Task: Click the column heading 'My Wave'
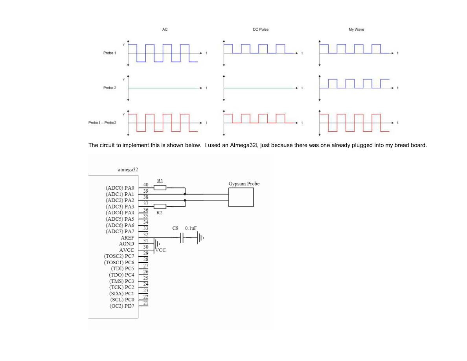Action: click(356, 29)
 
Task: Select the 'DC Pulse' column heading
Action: click(261, 29)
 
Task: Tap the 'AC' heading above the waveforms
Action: click(165, 29)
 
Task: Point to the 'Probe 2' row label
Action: click(110, 88)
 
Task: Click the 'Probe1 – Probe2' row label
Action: click(102, 123)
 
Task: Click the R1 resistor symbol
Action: click(160, 188)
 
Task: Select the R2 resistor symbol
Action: click(160, 206)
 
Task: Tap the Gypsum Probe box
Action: click(241, 197)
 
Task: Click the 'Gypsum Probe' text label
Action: click(244, 184)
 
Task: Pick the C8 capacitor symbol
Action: click(182, 238)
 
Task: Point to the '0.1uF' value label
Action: click(191, 228)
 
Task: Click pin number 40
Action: click(145, 185)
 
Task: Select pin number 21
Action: click(145, 303)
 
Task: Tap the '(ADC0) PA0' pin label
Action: click(120, 188)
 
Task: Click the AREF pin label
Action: click(127, 238)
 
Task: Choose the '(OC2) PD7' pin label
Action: click(122, 306)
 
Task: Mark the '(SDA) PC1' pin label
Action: click(121, 294)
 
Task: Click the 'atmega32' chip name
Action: click(128, 170)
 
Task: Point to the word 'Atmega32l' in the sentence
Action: click(243, 146)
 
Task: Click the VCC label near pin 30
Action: click(161, 250)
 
